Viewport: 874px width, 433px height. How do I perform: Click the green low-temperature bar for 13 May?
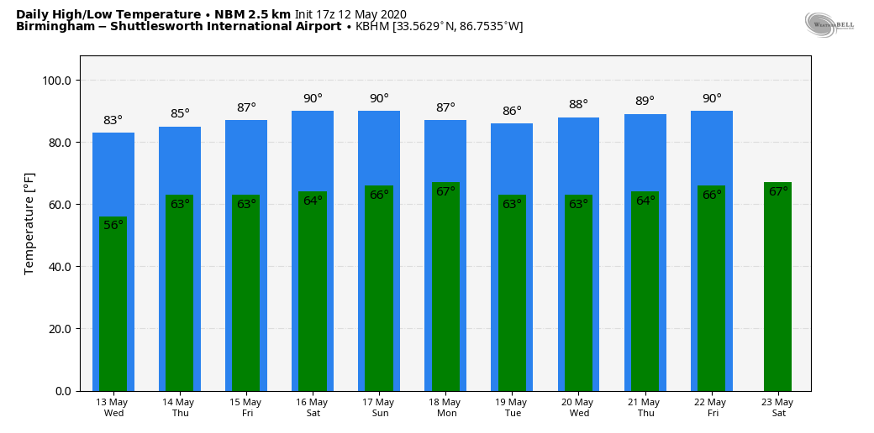pos(113,310)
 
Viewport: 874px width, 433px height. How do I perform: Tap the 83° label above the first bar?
pos(113,121)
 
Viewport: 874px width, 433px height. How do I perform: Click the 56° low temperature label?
pos(113,225)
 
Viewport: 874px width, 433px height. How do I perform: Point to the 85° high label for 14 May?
pos(180,114)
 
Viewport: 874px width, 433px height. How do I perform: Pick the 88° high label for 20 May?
pos(578,105)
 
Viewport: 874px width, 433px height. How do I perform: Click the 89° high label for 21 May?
pos(645,102)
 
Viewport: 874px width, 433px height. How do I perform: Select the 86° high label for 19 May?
pos(512,111)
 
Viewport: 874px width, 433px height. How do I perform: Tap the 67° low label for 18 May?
pos(445,191)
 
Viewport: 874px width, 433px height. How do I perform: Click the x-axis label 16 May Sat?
pos(313,408)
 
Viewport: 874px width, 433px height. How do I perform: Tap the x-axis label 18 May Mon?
pos(445,408)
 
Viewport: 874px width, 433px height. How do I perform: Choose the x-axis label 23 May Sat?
pos(778,408)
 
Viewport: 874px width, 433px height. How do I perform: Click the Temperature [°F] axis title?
pos(29,223)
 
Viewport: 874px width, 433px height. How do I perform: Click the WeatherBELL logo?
pos(829,25)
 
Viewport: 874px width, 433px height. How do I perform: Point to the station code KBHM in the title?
pos(372,27)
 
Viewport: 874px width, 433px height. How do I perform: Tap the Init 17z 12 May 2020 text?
pos(350,14)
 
